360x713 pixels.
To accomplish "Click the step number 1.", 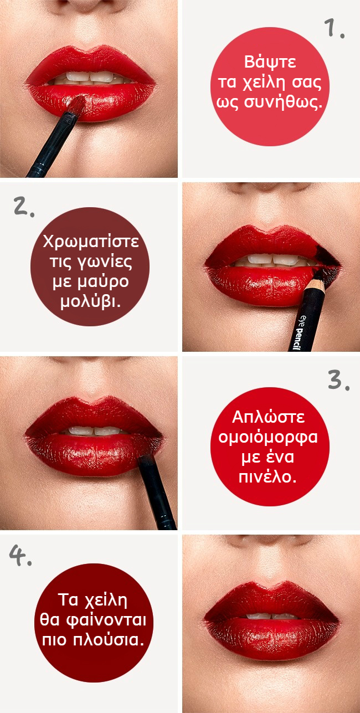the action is pos(334,28).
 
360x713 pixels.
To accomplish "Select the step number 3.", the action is pos(338,381).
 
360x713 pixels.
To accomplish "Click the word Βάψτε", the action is pos(270,61).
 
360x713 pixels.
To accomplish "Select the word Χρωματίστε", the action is pos(91,242).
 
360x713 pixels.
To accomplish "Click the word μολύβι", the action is pos(91,301).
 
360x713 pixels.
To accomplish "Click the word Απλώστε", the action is pos(268,417).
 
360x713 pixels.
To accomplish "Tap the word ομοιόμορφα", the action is pos(268,437).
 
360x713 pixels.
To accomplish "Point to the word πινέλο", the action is pos(268,476).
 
